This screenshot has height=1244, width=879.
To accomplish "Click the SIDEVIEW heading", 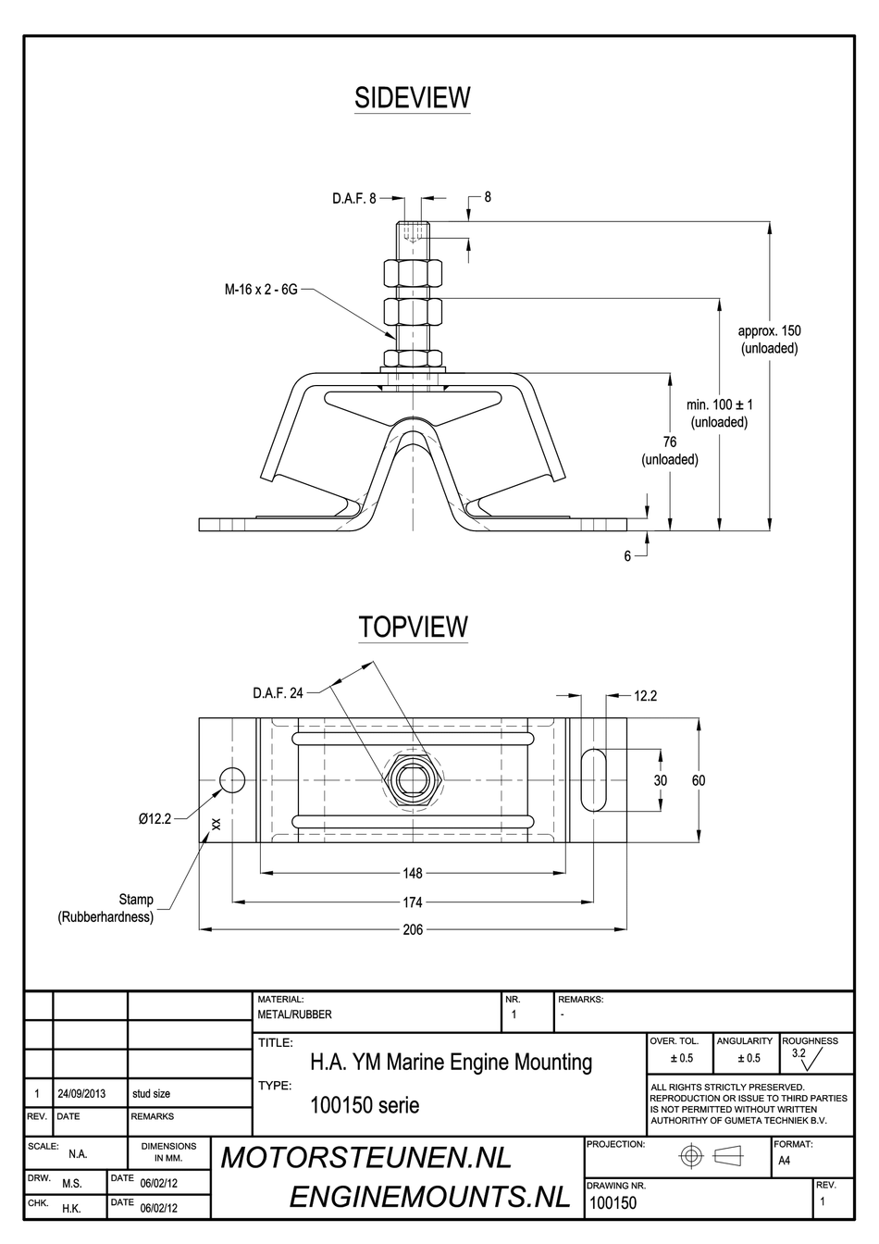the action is click(412, 98).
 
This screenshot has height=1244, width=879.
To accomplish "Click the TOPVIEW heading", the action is click(413, 627).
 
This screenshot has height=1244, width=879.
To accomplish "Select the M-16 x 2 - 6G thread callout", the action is click(261, 290).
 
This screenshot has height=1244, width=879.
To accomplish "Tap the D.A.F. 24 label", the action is click(278, 693).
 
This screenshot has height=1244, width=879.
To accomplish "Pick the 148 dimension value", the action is click(413, 874).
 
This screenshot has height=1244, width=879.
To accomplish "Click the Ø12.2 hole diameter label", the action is click(155, 818).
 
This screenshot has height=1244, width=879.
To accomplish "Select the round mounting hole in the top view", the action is click(232, 780).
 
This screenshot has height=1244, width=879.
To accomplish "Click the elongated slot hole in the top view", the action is click(594, 780).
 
